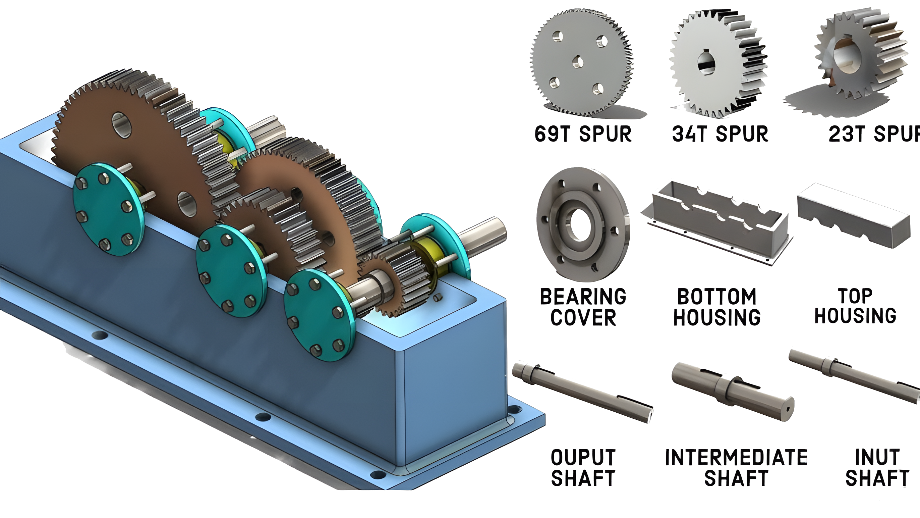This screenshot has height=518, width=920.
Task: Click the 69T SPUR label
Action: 583,135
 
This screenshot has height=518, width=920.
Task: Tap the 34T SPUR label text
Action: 720,135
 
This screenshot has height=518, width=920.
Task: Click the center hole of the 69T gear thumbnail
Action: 577,62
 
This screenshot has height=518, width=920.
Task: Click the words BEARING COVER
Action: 583,307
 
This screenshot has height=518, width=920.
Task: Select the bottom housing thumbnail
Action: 718,223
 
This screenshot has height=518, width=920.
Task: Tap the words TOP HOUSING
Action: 855,306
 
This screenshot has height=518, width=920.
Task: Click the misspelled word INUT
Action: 877,457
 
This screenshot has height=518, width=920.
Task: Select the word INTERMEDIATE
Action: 736,458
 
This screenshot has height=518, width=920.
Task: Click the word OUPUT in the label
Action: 583,458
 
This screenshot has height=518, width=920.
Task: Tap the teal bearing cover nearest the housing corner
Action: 320,315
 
